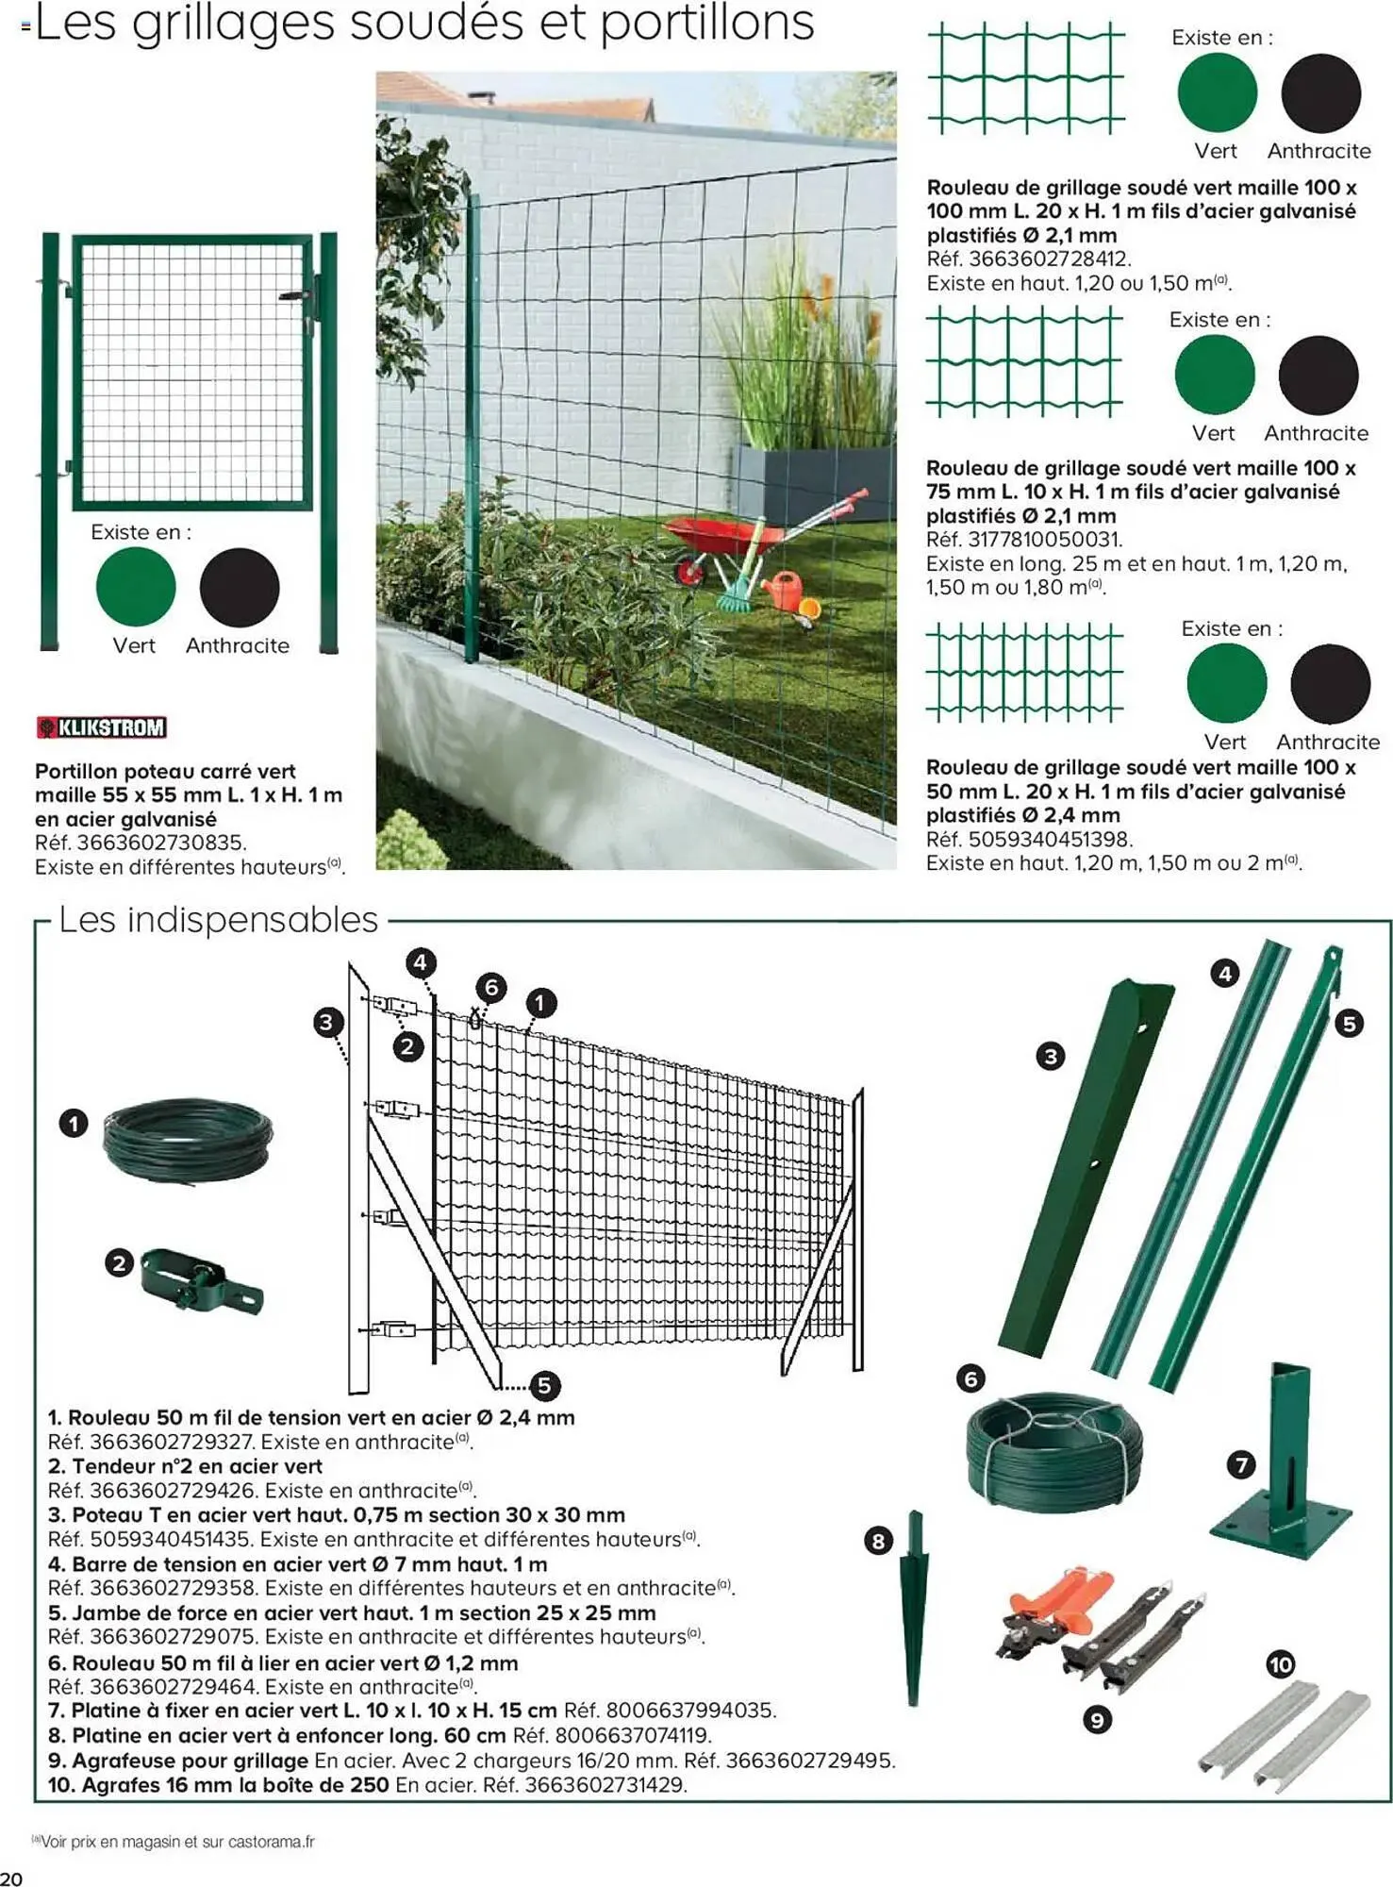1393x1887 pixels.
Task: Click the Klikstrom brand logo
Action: pos(101,727)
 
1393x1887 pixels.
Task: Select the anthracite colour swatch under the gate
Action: pos(240,587)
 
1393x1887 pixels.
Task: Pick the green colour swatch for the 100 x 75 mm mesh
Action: pos(1214,375)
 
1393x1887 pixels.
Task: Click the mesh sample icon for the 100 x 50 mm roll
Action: pos(1024,672)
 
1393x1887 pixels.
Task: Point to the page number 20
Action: pos(11,1876)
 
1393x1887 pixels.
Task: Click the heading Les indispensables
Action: pos(218,920)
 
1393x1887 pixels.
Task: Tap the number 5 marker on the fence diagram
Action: pos(544,1385)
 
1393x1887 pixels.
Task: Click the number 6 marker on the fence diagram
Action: pos(490,988)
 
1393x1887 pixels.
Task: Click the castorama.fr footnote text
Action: pos(176,1841)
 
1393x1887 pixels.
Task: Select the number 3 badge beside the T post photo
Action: pos(1050,1056)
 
